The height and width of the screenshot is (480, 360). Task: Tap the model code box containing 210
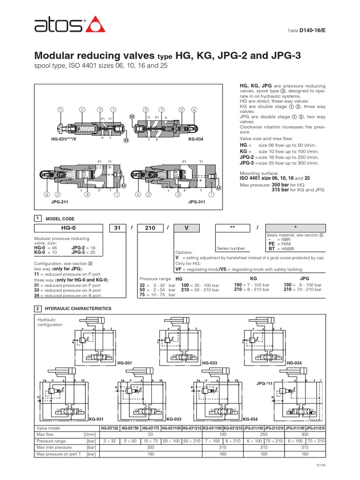(x=150, y=228)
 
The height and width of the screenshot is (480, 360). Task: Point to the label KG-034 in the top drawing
(x=195, y=139)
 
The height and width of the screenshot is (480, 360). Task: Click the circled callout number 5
(x=60, y=109)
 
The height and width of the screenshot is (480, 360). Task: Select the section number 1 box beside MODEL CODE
(x=38, y=218)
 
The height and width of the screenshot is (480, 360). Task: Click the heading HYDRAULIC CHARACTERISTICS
(x=77, y=308)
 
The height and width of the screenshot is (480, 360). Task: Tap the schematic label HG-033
(x=209, y=363)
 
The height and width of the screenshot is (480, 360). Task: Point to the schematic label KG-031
(x=96, y=419)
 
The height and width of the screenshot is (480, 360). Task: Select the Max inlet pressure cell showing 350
(x=151, y=448)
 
